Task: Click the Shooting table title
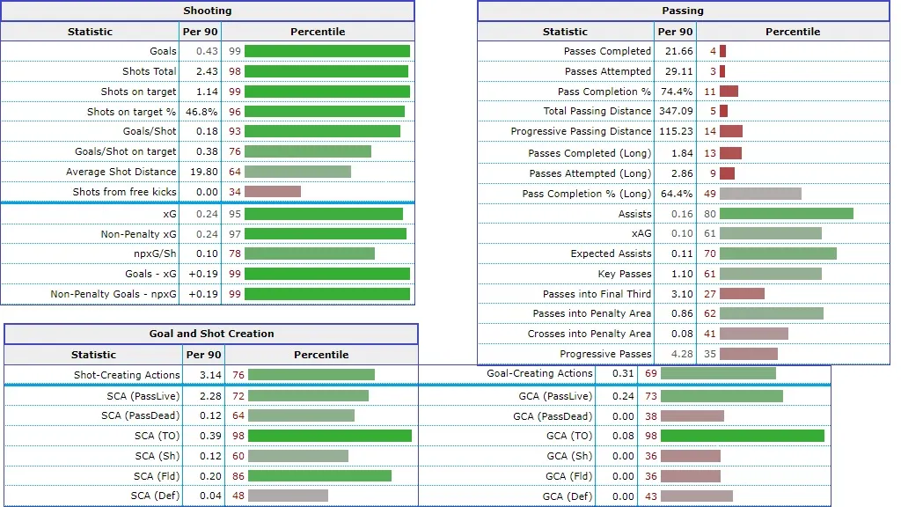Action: click(x=208, y=11)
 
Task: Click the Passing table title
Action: click(x=683, y=11)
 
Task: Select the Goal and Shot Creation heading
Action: click(x=211, y=334)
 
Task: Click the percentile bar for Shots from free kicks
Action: click(x=273, y=192)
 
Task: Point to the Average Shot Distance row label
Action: click(x=121, y=172)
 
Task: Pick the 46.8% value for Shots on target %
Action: click(x=201, y=112)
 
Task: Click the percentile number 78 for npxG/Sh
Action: click(x=234, y=253)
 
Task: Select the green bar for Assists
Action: click(x=786, y=214)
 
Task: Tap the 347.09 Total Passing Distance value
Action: click(x=675, y=111)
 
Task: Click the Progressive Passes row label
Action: click(x=605, y=354)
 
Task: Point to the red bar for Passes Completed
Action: click(x=723, y=51)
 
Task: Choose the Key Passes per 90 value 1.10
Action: click(x=680, y=274)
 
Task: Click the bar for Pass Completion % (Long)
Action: click(x=760, y=194)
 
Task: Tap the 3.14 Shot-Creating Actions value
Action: click(x=202, y=375)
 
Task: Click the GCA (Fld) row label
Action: click(x=568, y=476)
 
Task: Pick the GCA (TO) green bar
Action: click(x=742, y=436)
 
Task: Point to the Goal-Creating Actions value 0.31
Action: click(x=621, y=373)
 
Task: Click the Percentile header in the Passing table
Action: click(x=792, y=32)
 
